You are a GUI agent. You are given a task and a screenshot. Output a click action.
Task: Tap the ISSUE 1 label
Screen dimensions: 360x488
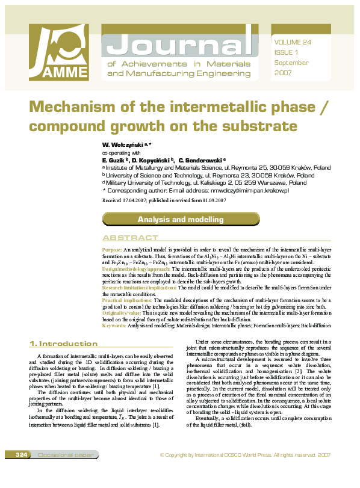click(x=286, y=52)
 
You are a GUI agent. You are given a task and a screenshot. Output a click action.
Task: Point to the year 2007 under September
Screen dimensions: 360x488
click(x=283, y=73)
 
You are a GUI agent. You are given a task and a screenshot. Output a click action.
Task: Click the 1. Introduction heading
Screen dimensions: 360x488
click(x=63, y=344)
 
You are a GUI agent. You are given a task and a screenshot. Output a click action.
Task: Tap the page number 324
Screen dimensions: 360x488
click(x=22, y=471)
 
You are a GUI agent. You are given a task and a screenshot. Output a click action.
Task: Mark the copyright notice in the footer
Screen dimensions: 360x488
click(x=245, y=471)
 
